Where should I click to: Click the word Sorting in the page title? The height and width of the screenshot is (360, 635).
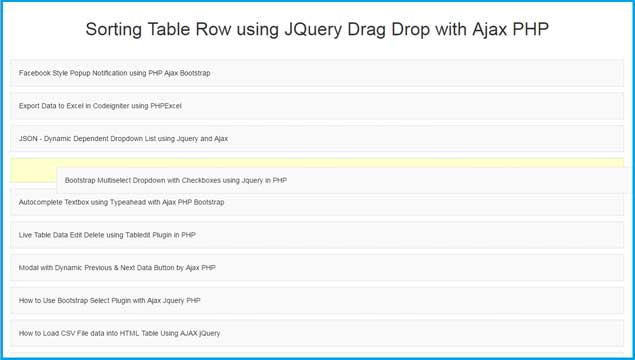coord(113,30)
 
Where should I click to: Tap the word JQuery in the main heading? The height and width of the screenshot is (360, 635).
coord(313,30)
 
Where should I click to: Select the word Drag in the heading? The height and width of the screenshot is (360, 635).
coord(367,30)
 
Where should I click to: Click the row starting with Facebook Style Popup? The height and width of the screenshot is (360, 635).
coord(317,73)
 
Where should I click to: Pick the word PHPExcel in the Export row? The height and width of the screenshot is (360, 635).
coord(166,106)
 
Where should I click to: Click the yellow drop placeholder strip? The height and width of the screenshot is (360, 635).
coord(33,170)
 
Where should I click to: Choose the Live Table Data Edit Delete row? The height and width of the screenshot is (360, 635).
coord(317,235)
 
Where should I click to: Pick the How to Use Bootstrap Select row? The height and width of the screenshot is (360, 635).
coord(317,300)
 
